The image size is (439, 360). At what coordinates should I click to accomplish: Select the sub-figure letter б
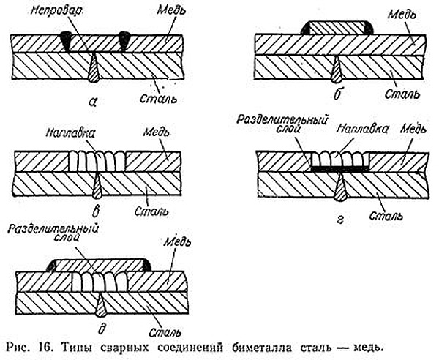[337, 94]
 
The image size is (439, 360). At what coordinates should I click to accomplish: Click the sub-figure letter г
[340, 220]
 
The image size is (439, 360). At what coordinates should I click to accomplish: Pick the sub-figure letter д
[102, 328]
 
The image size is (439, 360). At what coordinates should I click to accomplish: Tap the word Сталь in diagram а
[159, 99]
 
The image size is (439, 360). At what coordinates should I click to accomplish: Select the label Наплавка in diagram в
[70, 133]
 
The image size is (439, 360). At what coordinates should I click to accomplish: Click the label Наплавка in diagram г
[363, 129]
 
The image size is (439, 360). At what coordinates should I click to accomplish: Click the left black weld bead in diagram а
[67, 41]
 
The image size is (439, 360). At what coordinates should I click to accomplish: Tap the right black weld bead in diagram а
[123, 41]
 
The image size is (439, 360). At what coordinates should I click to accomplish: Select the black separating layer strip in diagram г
[340, 169]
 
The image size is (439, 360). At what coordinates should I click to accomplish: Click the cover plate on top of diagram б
[337, 27]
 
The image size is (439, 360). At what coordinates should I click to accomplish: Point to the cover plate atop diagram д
[99, 266]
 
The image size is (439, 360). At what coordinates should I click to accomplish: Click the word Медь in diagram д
[177, 242]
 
